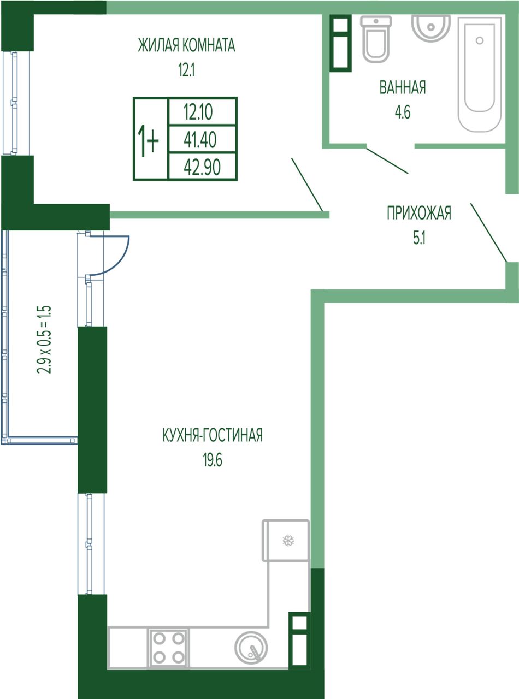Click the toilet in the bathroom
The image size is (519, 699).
[375, 39]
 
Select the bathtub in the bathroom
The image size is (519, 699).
[479, 75]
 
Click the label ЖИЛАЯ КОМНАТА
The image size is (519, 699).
[186, 45]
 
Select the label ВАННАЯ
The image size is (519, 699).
[402, 87]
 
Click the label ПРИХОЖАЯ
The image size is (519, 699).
[419, 213]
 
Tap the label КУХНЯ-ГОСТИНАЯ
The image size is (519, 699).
[213, 435]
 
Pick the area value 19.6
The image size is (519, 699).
[213, 460]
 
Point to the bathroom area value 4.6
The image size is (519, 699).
[403, 112]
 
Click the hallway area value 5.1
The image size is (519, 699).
[420, 238]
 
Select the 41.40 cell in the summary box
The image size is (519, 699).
[202, 139]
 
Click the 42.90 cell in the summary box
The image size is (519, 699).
[202, 167]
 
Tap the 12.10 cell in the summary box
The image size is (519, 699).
[202, 111]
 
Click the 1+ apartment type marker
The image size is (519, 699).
[148, 140]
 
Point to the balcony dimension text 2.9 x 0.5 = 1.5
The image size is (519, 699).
[44, 340]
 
